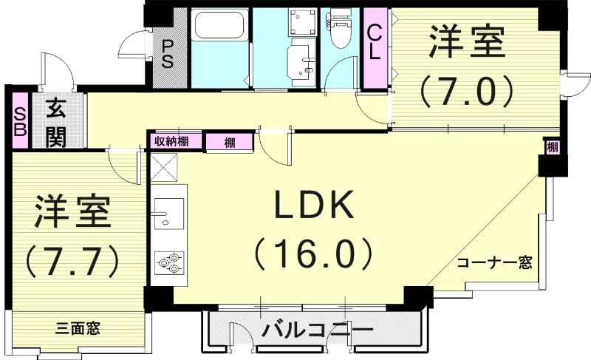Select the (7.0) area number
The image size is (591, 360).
point(467,92)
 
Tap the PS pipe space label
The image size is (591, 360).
point(168,52)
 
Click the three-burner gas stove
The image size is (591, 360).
point(168,262)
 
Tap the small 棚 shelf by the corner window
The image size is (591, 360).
point(552,147)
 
